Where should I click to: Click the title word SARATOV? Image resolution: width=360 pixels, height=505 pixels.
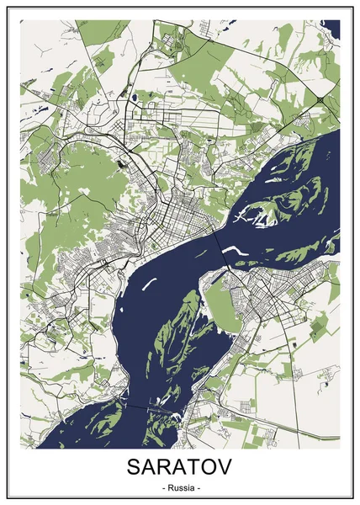point(179,466)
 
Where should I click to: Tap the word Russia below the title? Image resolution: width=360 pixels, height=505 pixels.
point(180,489)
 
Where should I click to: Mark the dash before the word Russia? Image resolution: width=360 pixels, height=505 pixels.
point(160,489)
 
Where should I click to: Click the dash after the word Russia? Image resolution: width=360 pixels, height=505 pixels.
point(199,489)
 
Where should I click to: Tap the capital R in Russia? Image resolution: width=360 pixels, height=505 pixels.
point(168,489)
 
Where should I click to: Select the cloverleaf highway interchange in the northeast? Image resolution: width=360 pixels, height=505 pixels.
point(321,99)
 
